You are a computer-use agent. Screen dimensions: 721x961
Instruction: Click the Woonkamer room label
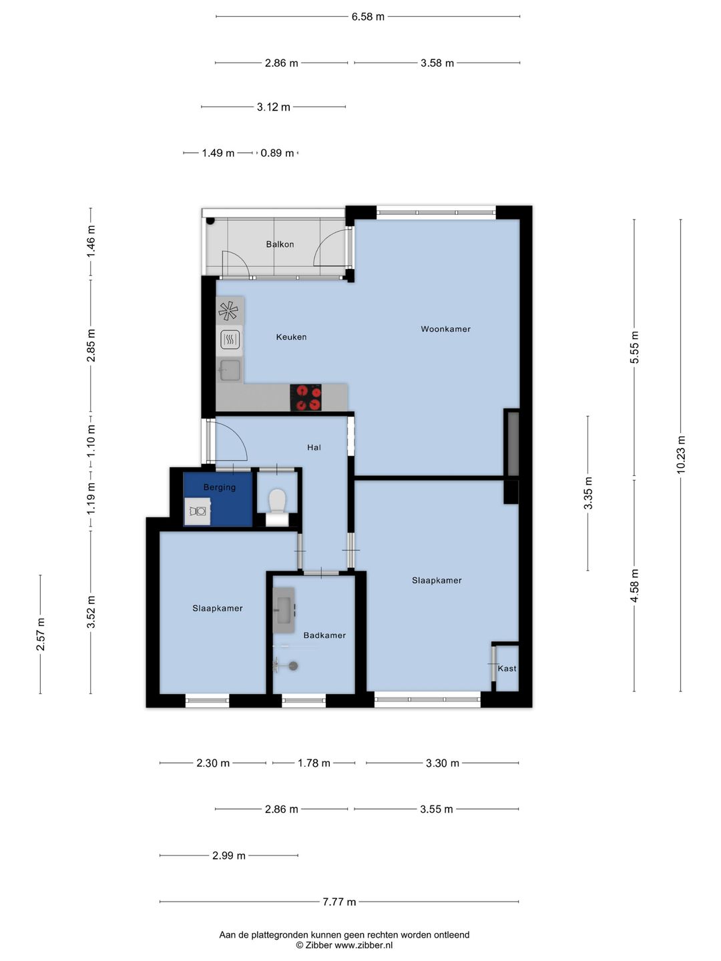tap(446, 329)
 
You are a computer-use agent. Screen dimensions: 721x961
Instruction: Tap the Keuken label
tap(291, 336)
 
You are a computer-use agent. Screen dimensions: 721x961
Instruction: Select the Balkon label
tap(280, 244)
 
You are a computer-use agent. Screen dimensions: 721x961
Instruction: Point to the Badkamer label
tap(324, 635)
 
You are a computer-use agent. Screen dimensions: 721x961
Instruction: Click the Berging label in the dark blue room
tap(220, 487)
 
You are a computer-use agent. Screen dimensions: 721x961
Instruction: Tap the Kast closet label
tap(507, 668)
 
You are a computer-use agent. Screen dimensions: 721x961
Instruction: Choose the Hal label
tap(314, 447)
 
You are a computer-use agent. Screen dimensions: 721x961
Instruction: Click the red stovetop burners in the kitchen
tap(306, 398)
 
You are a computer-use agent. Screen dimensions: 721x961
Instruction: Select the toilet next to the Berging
tap(277, 507)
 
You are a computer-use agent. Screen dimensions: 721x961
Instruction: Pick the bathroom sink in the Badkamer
tap(284, 610)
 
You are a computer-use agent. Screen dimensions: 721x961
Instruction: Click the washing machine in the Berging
tap(198, 511)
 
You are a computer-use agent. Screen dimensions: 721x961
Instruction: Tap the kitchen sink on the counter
tap(230, 370)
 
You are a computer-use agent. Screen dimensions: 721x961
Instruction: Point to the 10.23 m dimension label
tap(680, 455)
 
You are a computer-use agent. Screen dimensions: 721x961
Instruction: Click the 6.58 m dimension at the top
tap(368, 17)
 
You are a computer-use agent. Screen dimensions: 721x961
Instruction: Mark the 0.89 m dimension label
tap(277, 153)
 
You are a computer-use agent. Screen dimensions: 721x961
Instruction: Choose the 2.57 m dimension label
tap(40, 634)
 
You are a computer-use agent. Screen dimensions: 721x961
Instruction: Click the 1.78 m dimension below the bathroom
tap(314, 763)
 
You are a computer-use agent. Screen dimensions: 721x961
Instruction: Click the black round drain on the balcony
tap(210, 221)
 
